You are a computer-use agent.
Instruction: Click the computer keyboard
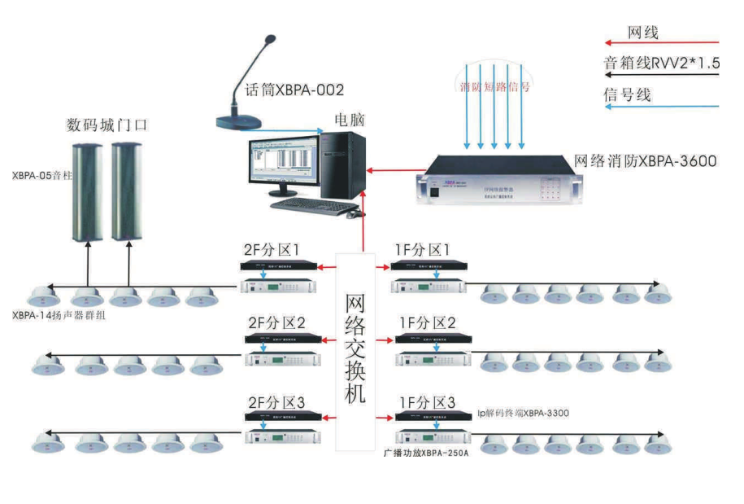[x=305, y=205]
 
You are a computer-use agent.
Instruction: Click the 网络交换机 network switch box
[x=355, y=350]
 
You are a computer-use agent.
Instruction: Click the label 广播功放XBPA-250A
[x=426, y=451]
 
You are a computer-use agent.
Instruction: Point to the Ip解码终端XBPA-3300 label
[x=523, y=414]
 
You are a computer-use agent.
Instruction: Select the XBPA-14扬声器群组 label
[x=59, y=316]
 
